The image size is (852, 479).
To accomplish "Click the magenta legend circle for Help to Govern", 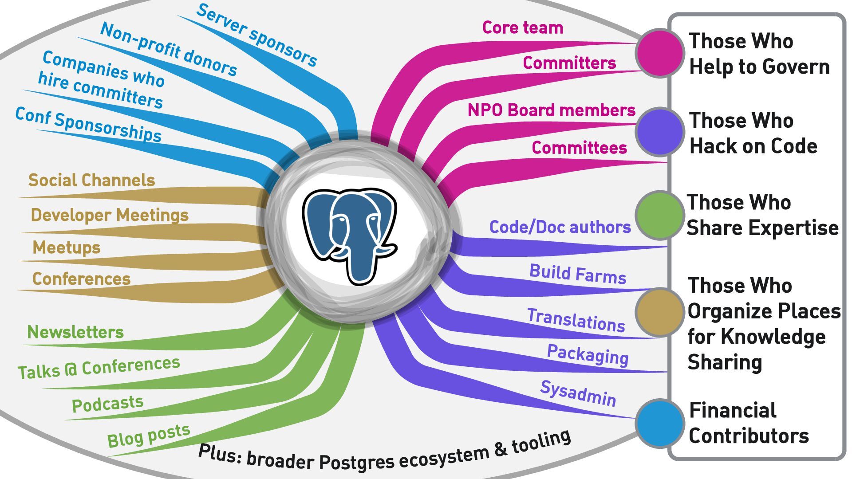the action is click(659, 53).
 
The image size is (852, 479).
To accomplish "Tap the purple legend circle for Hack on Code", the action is click(659, 131).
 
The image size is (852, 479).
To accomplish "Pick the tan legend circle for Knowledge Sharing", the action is click(659, 312).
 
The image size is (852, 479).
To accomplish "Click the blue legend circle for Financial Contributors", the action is click(659, 423).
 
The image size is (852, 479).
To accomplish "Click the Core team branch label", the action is click(522, 27).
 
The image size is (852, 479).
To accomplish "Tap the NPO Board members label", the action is click(551, 110).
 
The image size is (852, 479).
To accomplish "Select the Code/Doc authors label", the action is click(560, 227).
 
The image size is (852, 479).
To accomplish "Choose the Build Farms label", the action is click(577, 274).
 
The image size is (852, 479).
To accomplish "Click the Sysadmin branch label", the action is click(578, 393).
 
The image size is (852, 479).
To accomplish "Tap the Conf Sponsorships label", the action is click(88, 125).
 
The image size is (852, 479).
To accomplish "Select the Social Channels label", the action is click(91, 180).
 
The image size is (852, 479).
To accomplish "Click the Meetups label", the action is click(67, 247).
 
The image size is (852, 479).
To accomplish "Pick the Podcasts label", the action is click(107, 404).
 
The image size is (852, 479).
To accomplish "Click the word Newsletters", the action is click(75, 332).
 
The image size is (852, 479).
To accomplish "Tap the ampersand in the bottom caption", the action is click(500, 449).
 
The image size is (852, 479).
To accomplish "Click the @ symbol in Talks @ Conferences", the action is click(71, 370).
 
